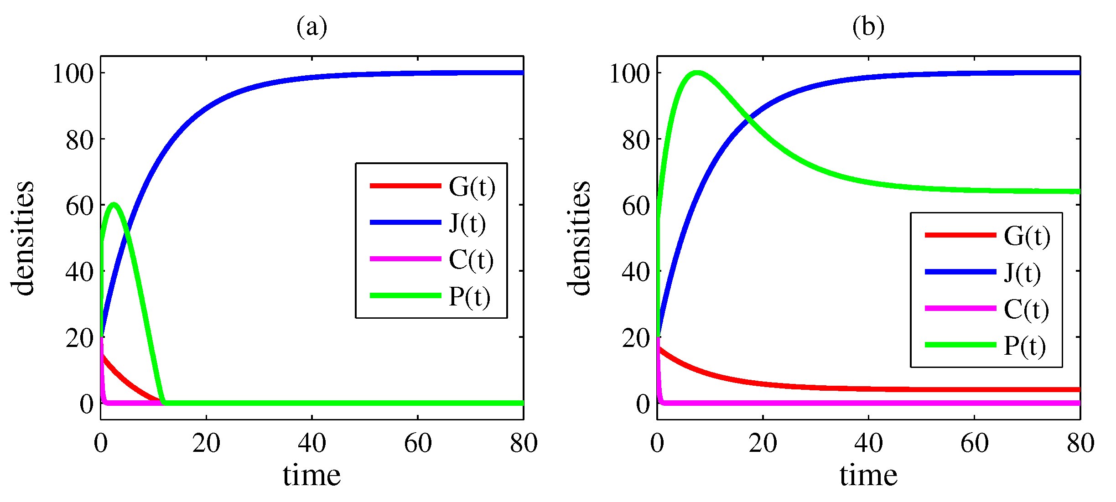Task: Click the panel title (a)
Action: click(x=312, y=27)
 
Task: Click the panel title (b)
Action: click(x=868, y=27)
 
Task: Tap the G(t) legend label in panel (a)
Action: click(x=472, y=186)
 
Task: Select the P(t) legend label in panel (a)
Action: click(x=469, y=297)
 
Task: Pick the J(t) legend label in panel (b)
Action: click(x=1023, y=273)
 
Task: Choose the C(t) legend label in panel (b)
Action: click(x=1026, y=310)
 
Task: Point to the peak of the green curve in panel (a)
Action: click(x=114, y=204)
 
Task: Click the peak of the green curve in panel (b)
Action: click(x=696, y=72)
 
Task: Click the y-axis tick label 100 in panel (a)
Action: click(x=73, y=73)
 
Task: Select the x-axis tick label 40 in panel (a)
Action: click(x=312, y=443)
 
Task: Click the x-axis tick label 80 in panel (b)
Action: click(x=1080, y=443)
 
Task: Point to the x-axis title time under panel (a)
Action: click(x=312, y=476)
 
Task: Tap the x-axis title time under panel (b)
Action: click(x=868, y=476)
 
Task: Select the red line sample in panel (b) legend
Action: click(x=960, y=235)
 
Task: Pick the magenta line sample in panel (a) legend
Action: click(x=405, y=259)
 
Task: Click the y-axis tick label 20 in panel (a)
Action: click(x=79, y=338)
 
